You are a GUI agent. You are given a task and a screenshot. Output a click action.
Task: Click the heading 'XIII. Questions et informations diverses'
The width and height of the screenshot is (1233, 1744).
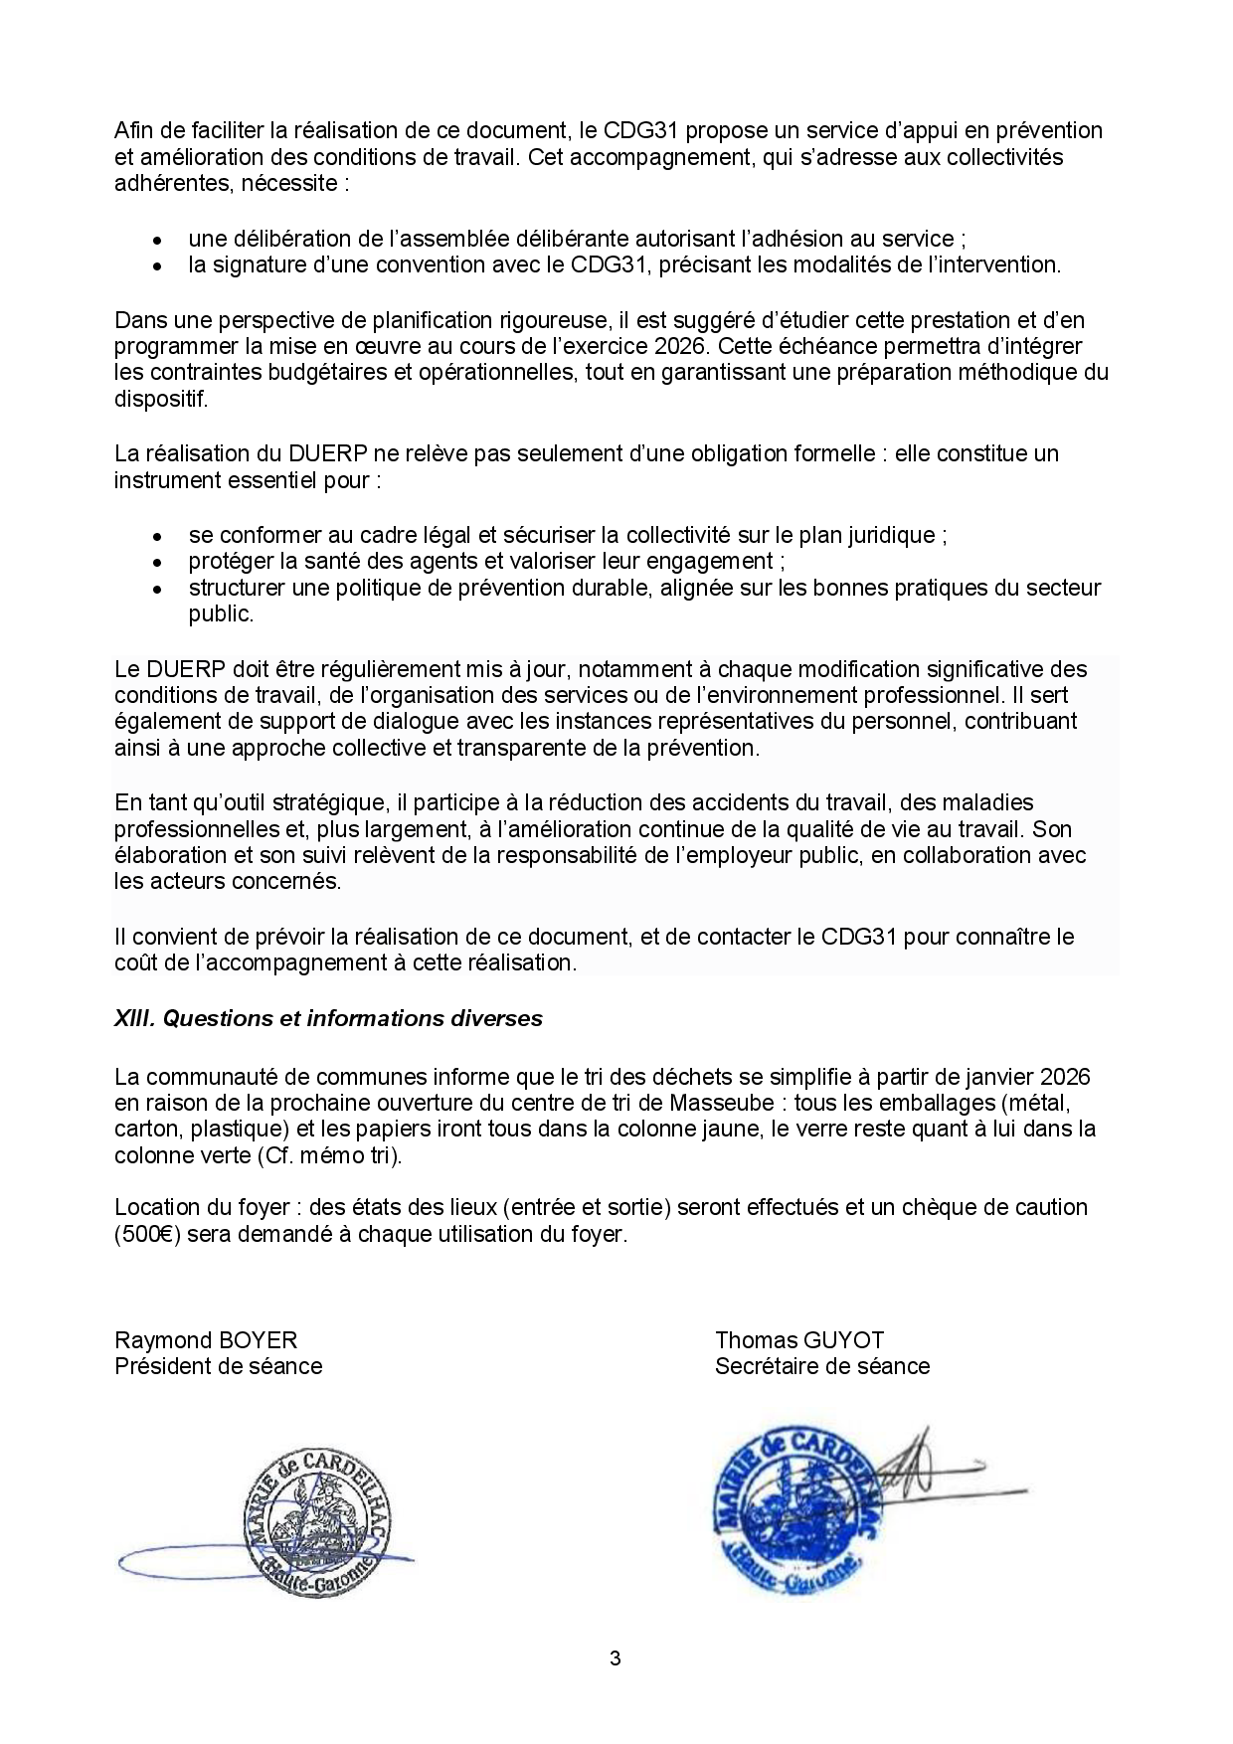point(328,1018)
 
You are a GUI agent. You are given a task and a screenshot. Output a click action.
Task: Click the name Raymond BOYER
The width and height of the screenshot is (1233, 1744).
point(206,1339)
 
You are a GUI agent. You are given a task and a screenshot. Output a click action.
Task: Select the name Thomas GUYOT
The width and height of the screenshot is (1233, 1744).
point(799,1339)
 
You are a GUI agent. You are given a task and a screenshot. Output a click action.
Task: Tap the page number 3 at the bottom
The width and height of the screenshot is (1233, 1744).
point(616,1657)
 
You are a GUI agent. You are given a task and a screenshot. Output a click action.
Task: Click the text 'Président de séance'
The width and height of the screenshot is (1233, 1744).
point(219,1366)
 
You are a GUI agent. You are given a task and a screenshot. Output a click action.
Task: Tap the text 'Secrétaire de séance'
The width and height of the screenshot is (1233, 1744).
point(822,1366)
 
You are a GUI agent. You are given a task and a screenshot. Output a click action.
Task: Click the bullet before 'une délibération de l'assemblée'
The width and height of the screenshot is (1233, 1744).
point(157,241)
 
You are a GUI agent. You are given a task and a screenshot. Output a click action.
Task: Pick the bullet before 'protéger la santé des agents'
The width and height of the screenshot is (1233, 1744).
point(157,563)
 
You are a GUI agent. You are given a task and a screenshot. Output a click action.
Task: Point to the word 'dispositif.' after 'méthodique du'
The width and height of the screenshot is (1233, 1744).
point(161,399)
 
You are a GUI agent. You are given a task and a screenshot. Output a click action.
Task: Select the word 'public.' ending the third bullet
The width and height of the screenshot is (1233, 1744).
point(221,613)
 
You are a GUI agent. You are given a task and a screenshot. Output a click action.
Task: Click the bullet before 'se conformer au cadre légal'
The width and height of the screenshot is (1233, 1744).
point(157,537)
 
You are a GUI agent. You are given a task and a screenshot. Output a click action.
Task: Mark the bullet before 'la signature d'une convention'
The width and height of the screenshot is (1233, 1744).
point(157,266)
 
